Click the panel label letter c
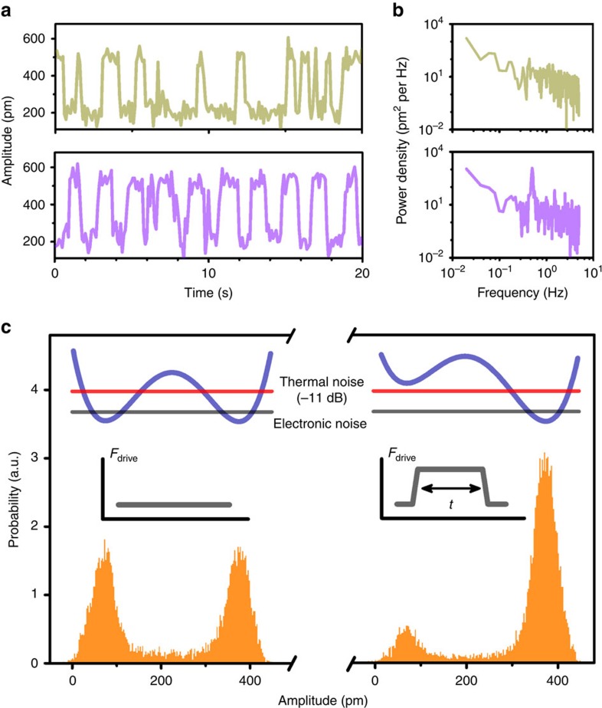coord(7,329)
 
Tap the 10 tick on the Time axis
coord(208,272)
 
